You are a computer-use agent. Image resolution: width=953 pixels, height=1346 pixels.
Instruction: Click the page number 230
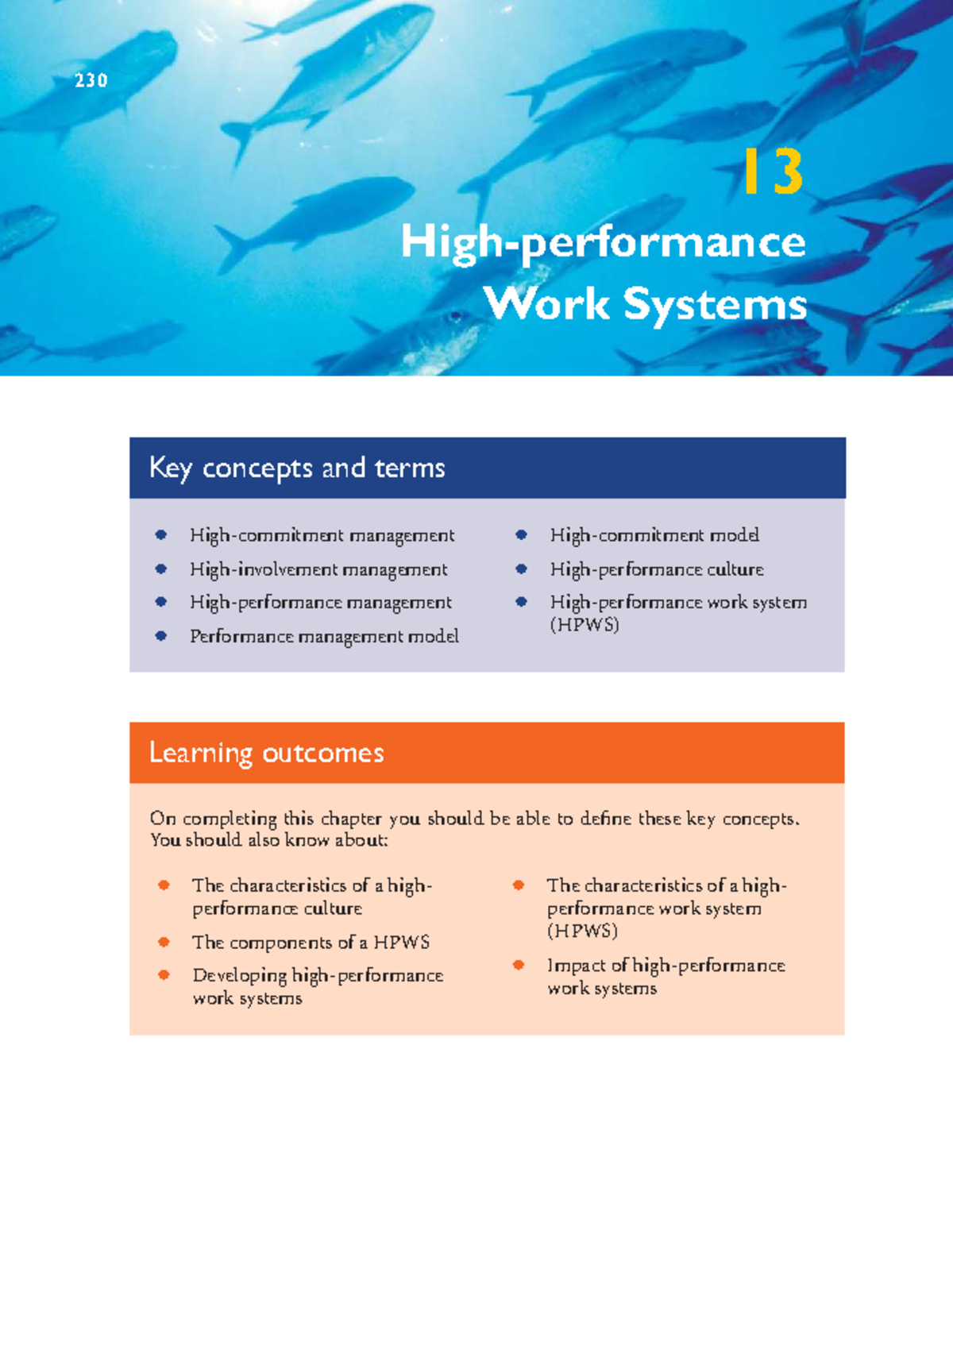click(x=91, y=80)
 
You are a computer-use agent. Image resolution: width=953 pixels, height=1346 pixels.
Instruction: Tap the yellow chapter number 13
click(x=773, y=172)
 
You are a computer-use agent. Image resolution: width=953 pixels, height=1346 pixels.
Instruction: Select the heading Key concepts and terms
click(x=297, y=468)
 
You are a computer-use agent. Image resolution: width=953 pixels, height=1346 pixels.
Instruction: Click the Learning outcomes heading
click(x=267, y=752)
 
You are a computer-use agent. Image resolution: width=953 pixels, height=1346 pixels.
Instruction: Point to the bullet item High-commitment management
click(x=322, y=536)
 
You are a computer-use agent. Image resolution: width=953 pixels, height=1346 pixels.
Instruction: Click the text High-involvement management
click(x=318, y=569)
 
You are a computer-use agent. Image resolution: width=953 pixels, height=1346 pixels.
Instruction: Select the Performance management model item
click(x=324, y=636)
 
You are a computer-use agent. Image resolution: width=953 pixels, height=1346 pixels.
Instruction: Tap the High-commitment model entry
click(x=654, y=535)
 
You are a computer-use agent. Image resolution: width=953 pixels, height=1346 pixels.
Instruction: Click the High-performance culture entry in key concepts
click(x=657, y=569)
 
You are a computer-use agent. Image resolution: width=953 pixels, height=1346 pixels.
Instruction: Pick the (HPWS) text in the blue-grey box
click(x=585, y=624)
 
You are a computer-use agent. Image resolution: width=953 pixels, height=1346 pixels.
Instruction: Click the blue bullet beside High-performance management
click(x=161, y=602)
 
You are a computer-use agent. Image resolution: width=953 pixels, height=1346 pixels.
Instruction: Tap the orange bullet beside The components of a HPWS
click(x=164, y=942)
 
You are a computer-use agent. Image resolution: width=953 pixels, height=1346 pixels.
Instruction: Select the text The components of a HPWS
click(x=311, y=943)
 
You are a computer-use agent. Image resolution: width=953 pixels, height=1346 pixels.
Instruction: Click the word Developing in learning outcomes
click(x=239, y=975)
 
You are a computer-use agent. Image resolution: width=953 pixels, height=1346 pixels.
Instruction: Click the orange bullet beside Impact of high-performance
click(x=519, y=965)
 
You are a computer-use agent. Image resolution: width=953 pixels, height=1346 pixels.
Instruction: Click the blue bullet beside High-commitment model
click(x=522, y=535)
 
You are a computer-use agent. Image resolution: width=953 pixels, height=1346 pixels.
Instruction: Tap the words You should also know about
click(x=268, y=840)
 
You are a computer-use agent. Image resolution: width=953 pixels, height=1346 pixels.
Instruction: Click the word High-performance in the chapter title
click(x=603, y=242)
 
